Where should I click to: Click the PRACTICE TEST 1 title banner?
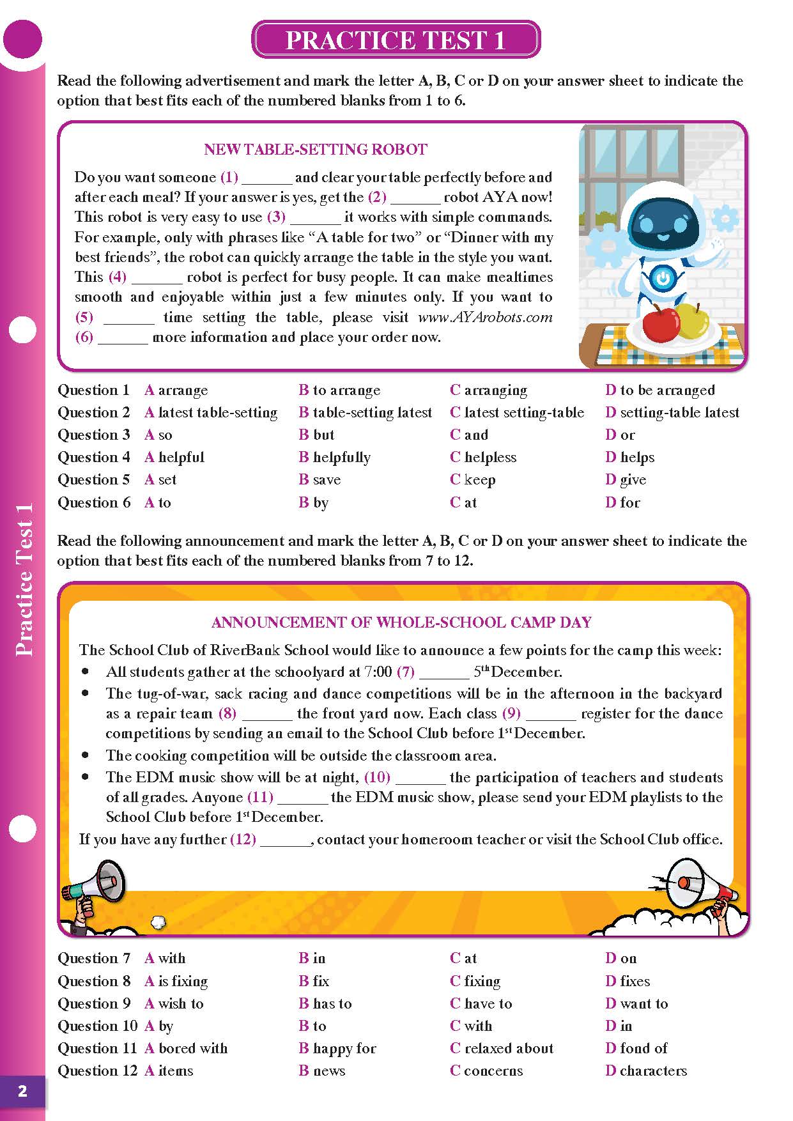[396, 40]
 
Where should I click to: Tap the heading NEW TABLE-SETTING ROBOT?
[315, 150]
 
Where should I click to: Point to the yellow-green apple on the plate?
[692, 320]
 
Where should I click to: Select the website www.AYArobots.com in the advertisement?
[485, 318]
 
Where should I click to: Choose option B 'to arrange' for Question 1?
[339, 390]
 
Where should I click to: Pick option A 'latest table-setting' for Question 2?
[211, 413]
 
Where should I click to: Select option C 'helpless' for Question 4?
[483, 458]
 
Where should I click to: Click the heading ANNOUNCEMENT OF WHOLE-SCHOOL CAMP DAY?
[401, 622]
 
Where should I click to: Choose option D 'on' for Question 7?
[621, 959]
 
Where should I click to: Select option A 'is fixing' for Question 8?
[176, 981]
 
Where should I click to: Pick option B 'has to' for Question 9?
[325, 1003]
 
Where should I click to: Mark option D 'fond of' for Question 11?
[636, 1048]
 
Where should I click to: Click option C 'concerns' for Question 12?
[486, 1071]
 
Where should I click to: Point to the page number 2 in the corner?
[22, 1091]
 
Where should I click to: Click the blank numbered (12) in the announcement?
[285, 840]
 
